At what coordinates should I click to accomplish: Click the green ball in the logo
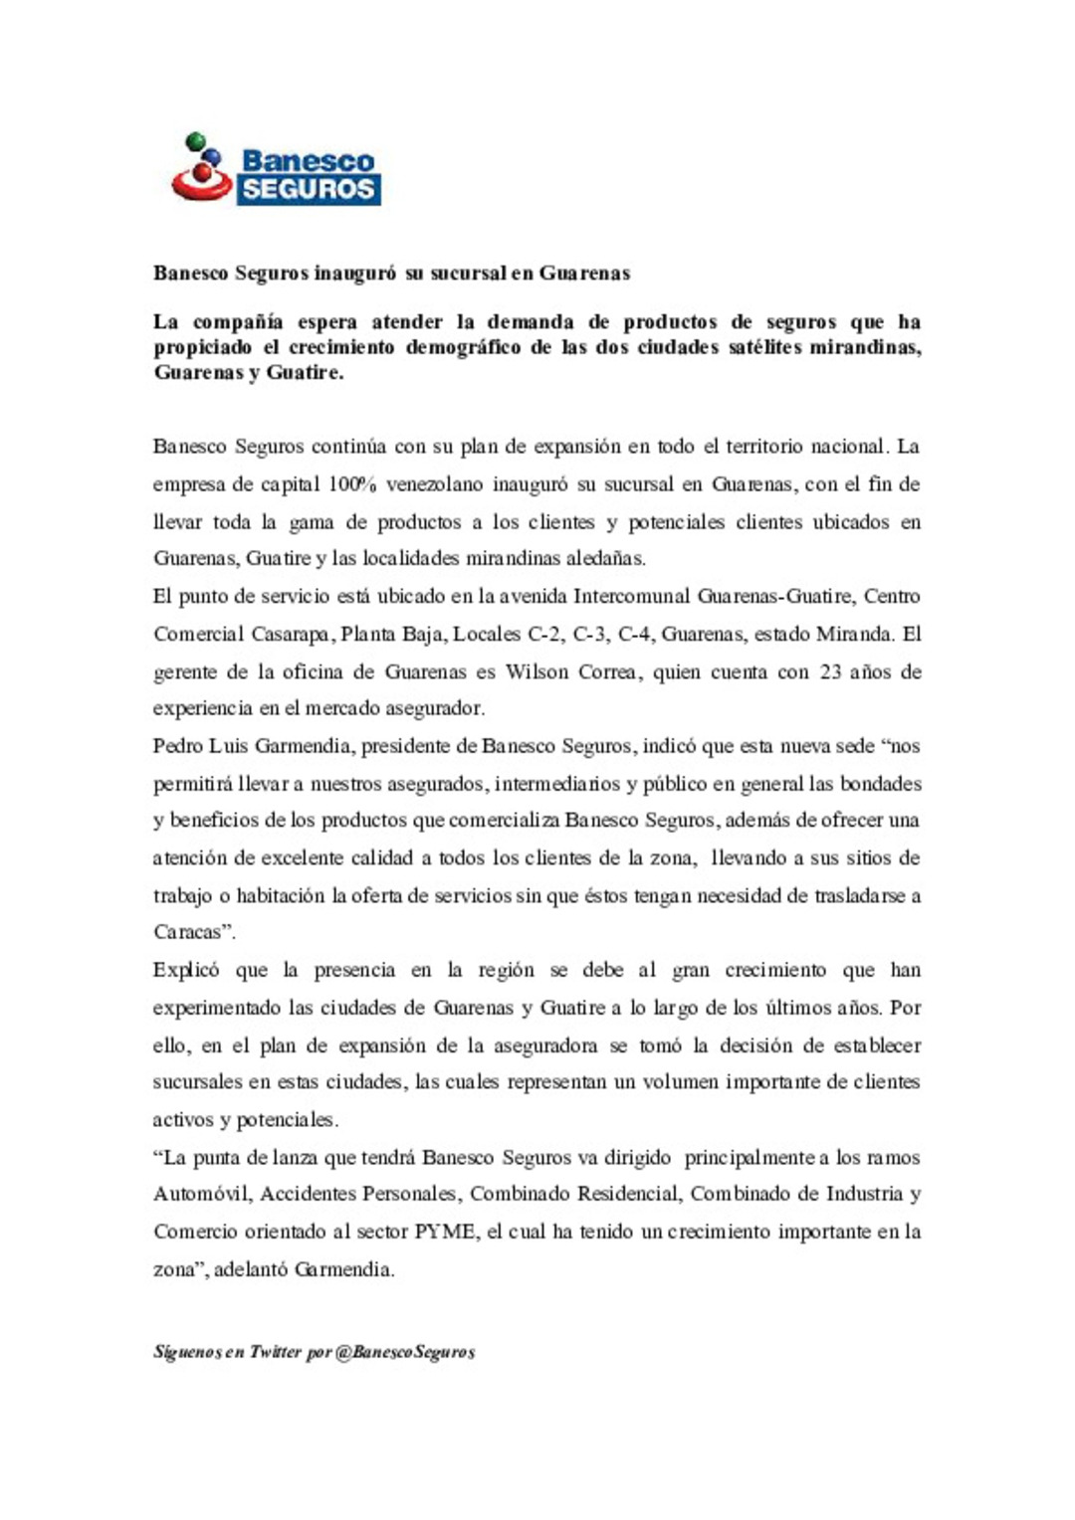coord(194,140)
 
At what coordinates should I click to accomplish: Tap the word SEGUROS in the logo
coord(309,189)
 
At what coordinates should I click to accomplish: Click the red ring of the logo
coord(201,185)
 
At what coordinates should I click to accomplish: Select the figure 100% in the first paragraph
coord(351,484)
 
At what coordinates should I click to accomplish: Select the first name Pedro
coord(178,746)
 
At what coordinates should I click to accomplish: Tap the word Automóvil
coord(201,1194)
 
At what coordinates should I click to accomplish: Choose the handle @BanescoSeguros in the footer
coord(405,1352)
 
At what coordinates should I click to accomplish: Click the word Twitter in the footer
coord(275,1352)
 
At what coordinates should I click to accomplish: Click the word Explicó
coord(185,970)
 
